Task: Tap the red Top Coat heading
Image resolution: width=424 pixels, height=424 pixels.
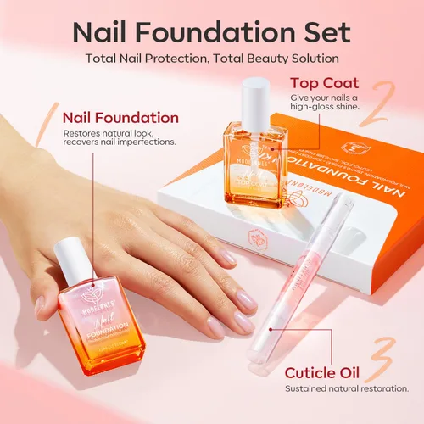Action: pos(324,83)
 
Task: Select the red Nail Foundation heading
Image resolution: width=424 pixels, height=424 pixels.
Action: pos(121,118)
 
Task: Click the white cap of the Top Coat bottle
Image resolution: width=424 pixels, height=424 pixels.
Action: pos(255,101)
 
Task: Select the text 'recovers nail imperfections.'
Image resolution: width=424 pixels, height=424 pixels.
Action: pos(120,142)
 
